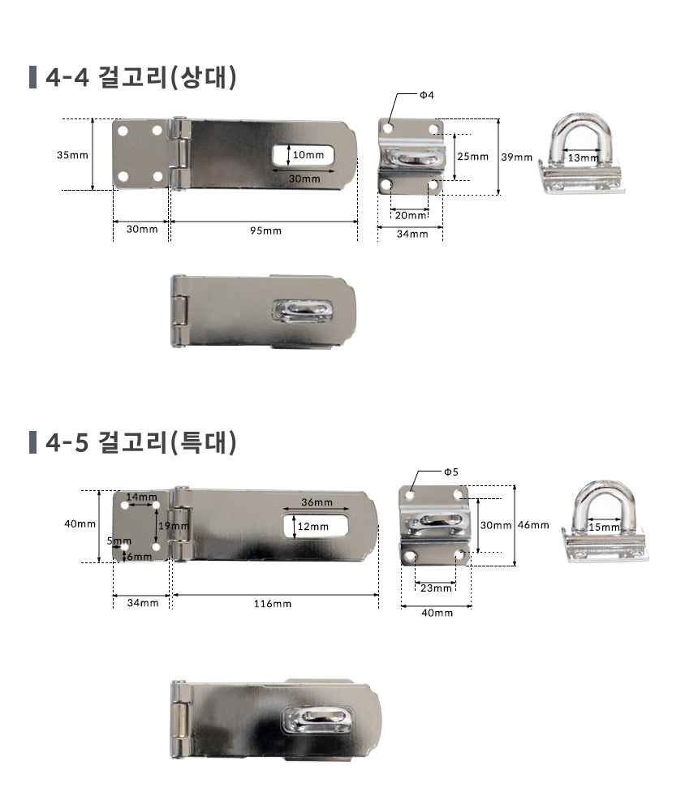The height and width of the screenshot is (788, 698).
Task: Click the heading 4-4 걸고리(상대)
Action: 140,77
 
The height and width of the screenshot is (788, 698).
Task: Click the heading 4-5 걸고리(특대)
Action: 140,443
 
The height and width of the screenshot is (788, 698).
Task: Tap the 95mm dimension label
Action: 266,230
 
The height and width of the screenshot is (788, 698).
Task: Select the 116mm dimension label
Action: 273,604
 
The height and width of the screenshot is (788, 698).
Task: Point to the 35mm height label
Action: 72,155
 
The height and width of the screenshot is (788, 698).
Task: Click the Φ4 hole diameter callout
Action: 427,95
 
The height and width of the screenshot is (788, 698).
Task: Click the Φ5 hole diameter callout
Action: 451,472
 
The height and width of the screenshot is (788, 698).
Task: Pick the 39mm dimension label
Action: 516,157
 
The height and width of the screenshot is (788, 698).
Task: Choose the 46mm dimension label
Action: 533,525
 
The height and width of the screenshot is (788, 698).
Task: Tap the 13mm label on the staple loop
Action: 583,157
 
